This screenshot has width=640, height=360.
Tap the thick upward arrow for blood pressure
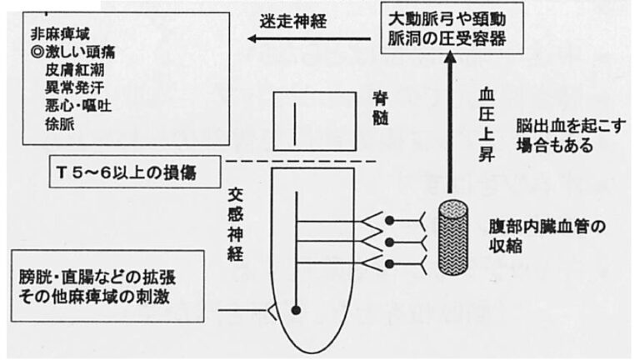coord(449,125)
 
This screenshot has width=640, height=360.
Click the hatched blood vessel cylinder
coord(454,240)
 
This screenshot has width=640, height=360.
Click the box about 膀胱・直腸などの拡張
coord(95,285)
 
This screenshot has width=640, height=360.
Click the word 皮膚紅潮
coord(76,69)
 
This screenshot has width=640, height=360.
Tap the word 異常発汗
coord(76,87)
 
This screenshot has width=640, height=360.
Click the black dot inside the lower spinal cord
coord(297,310)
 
